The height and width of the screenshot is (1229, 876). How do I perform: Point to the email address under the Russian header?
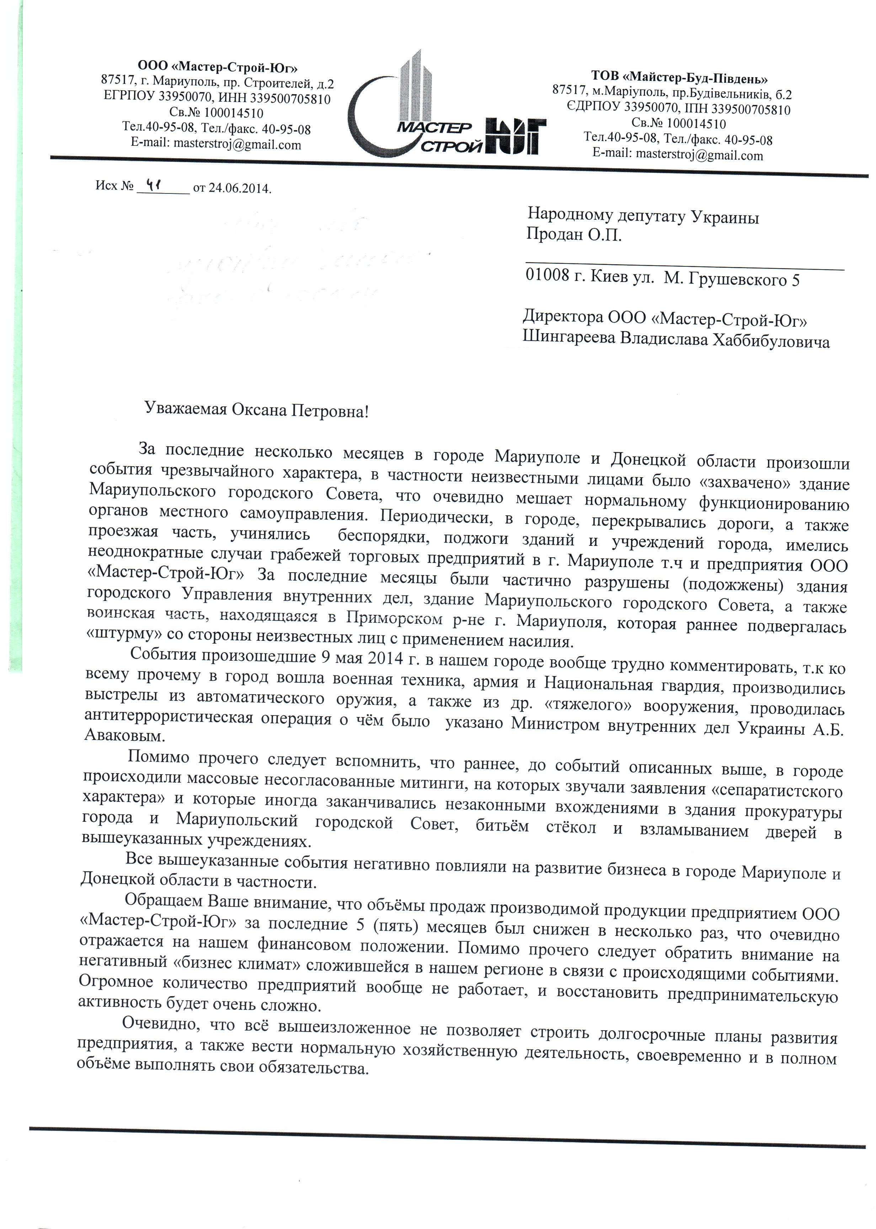pos(216,145)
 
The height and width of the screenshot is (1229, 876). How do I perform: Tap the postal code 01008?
pos(547,276)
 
